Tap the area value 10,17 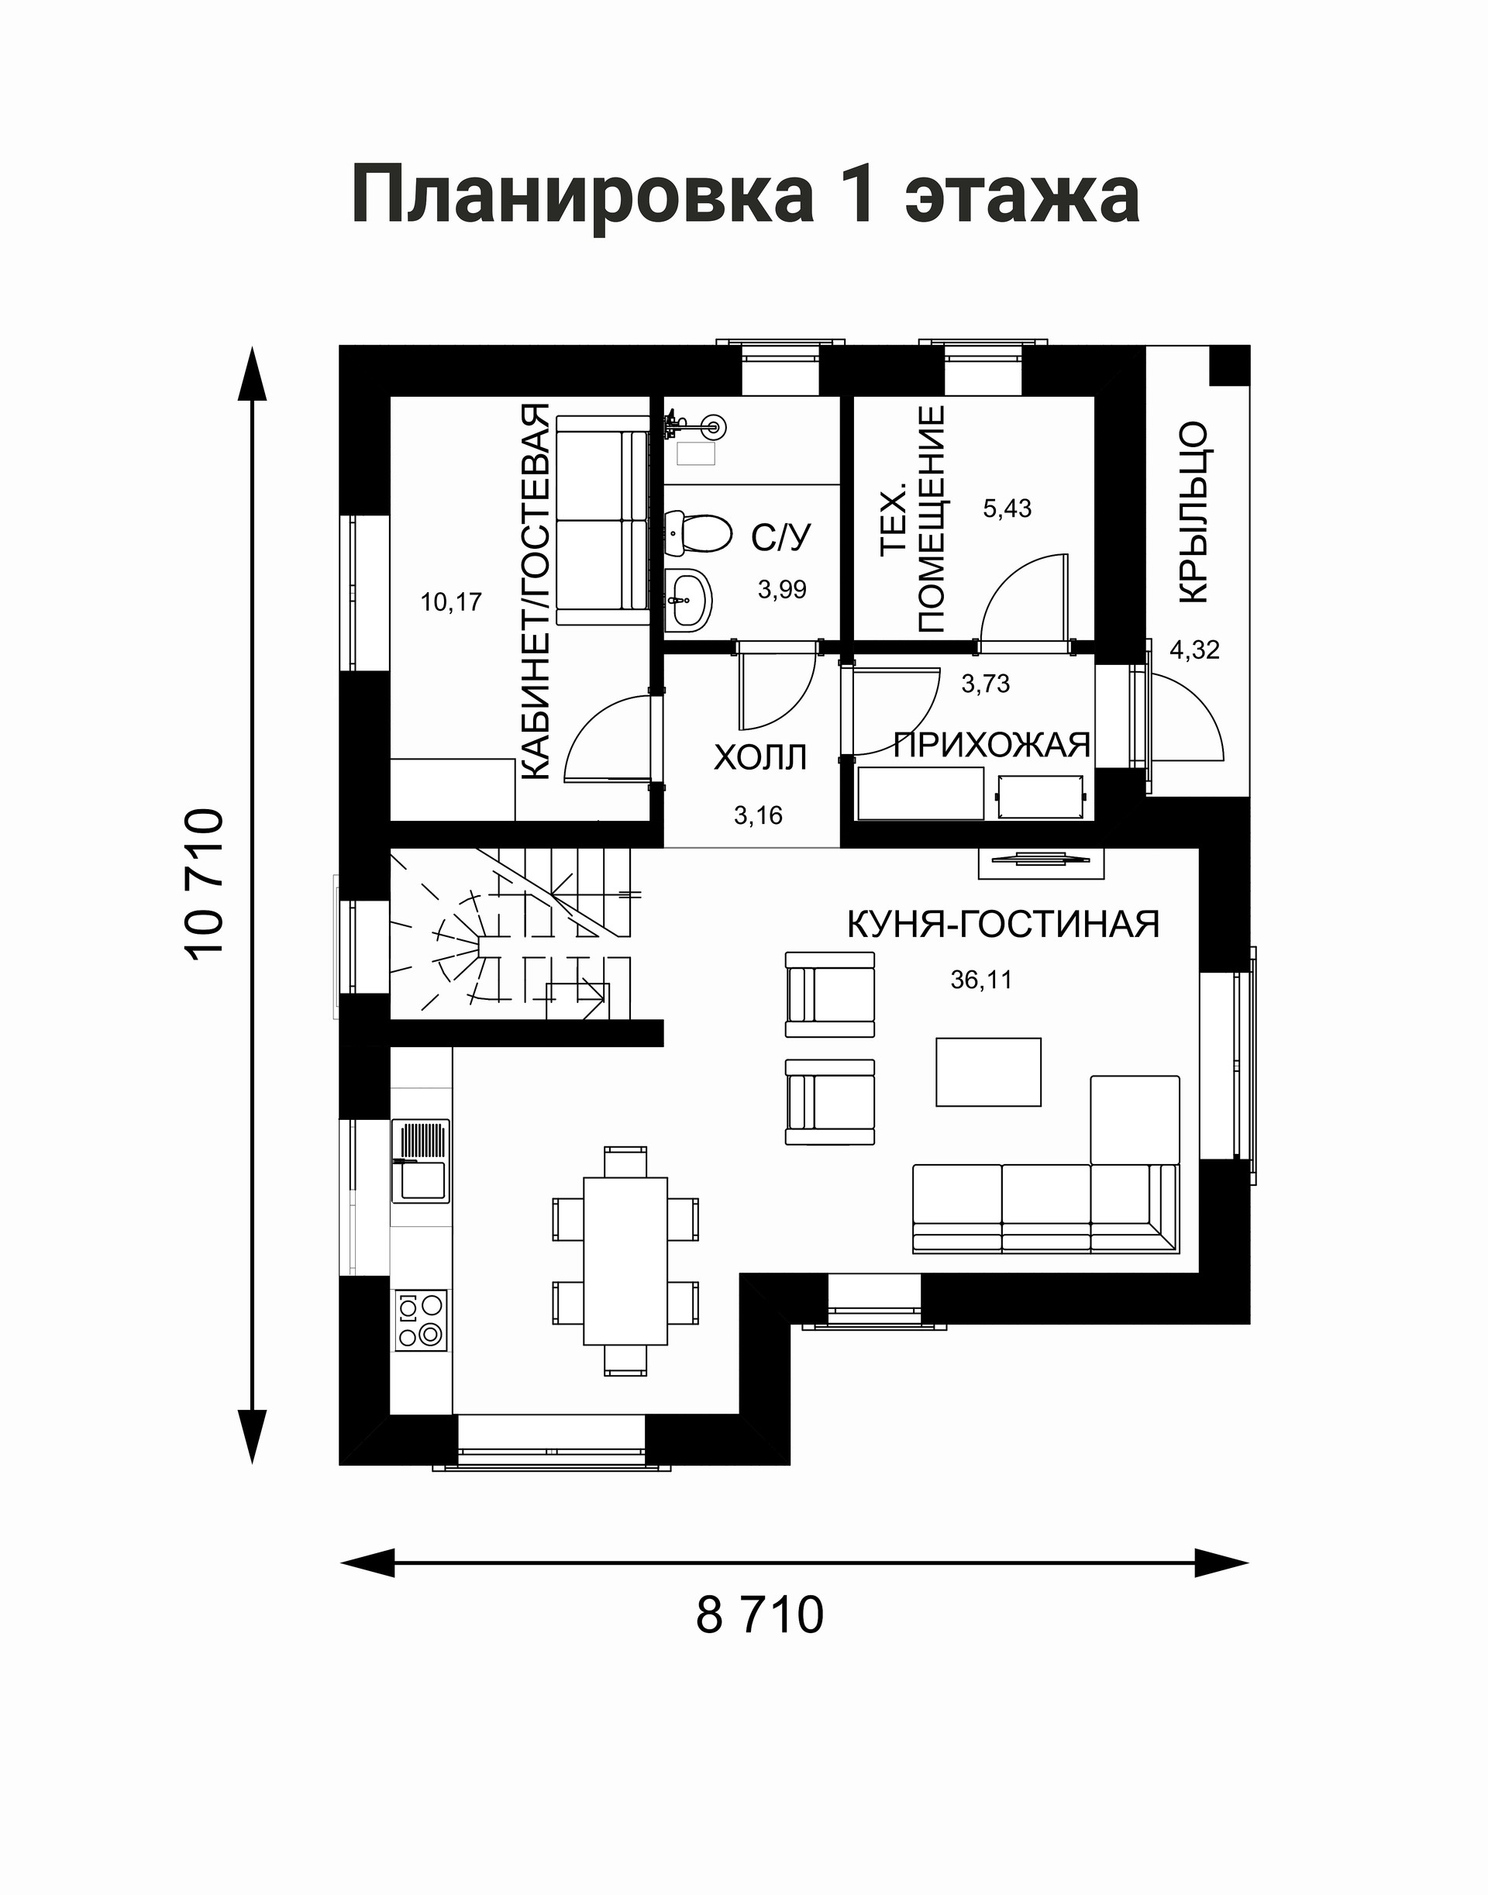click(451, 602)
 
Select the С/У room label click(781, 539)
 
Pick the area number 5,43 click(1007, 508)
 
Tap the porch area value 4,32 click(1194, 650)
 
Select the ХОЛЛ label click(760, 758)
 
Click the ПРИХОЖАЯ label click(992, 745)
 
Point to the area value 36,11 click(981, 980)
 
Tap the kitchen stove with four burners click(421, 1320)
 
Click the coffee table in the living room click(989, 1072)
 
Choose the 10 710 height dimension click(205, 883)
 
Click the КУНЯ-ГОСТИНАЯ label click(1004, 925)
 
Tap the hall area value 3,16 click(758, 815)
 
